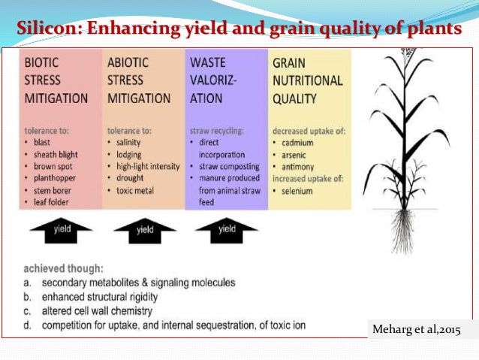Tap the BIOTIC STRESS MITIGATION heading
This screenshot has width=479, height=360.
(56, 80)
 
